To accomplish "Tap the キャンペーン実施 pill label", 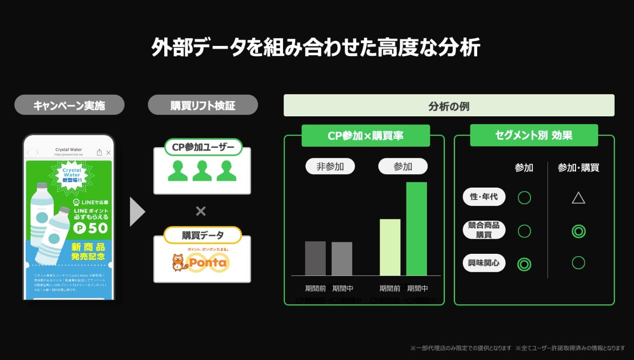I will (x=69, y=105).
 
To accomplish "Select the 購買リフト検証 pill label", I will (x=202, y=105).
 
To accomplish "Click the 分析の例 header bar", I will (x=449, y=106).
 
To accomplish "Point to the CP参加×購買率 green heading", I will (x=365, y=136).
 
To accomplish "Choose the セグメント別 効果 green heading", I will (x=534, y=136).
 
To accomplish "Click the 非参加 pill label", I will (x=330, y=166).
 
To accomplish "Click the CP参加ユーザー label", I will (x=203, y=147).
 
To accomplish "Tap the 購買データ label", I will (x=202, y=235).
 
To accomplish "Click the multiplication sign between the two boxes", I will (x=201, y=211).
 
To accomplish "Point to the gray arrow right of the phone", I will (x=137, y=211).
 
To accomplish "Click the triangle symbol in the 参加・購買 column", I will (x=578, y=198).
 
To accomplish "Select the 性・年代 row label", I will (x=484, y=197).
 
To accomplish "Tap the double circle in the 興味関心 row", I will (x=524, y=264).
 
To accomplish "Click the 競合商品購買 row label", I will (x=484, y=230).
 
